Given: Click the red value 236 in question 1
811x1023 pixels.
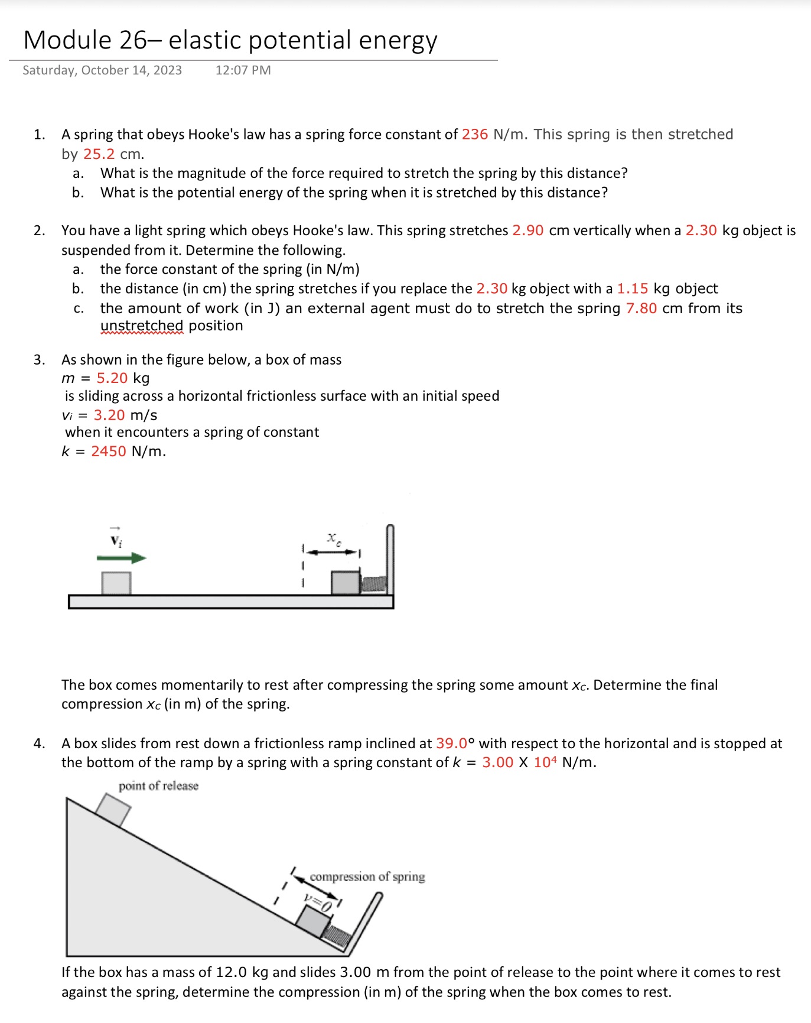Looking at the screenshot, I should pos(474,135).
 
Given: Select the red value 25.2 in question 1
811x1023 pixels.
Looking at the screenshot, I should pos(99,154).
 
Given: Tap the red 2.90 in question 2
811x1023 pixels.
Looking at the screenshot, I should pos(527,230).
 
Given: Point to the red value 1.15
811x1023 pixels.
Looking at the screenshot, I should pos(632,289).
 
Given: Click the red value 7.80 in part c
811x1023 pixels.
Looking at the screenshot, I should pos(641,308).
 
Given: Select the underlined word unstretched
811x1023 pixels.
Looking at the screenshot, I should pos(142,326).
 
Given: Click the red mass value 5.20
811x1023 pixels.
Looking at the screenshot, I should pos(112,378).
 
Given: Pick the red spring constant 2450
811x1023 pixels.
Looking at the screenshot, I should pos(109,452).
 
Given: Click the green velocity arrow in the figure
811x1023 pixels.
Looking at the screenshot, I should pos(121,558).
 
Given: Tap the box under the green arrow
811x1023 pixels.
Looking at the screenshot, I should pos(116,583).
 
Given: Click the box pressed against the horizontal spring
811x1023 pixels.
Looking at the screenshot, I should pos(345,583).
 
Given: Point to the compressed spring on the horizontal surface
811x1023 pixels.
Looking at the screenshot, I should pos(373,584).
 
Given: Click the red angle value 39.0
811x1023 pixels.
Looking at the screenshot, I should pos(451,743).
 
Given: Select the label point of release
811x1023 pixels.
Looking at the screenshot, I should pos(158,786).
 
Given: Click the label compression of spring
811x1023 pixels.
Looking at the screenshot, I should pos(367,876).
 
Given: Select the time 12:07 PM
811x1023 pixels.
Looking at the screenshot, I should pos(243,70).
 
